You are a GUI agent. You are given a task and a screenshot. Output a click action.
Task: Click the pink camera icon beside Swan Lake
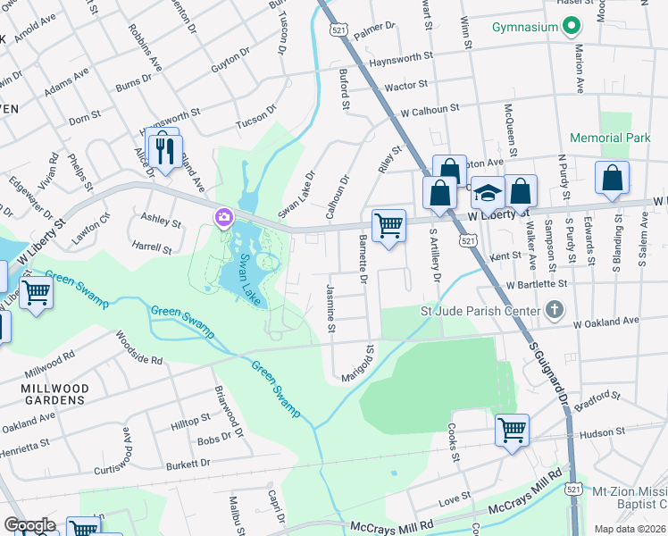click(222, 217)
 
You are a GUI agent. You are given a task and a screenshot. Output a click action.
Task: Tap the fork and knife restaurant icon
click(163, 149)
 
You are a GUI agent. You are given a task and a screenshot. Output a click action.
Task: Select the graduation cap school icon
click(488, 191)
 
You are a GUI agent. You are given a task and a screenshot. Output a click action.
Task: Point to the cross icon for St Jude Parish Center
click(554, 311)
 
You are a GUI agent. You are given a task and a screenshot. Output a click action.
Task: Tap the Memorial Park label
click(611, 138)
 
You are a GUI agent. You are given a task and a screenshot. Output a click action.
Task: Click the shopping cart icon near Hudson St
click(513, 430)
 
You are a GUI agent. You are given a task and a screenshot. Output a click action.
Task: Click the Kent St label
click(505, 256)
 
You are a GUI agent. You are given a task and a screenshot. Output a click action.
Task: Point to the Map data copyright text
click(629, 529)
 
